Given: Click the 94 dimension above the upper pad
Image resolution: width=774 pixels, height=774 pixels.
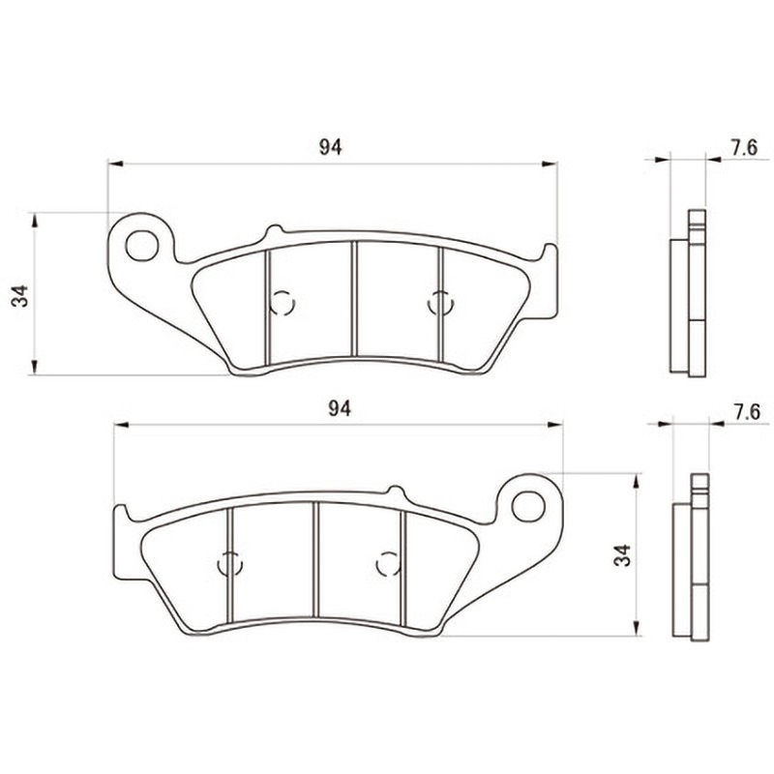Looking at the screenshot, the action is (x=330, y=147).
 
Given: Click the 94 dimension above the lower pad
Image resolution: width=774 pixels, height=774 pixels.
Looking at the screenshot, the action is (x=340, y=408).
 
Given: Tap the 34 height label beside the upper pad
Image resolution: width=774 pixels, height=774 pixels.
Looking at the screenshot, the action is (x=20, y=296).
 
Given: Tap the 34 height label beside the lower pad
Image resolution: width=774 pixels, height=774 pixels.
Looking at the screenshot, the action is (x=622, y=554).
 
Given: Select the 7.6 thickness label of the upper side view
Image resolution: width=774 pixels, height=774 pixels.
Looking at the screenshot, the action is (x=744, y=148).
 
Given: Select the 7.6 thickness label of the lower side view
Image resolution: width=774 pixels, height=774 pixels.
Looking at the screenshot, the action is (x=747, y=412).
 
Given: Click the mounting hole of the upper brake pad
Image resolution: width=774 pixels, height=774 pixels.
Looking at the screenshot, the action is (x=142, y=246).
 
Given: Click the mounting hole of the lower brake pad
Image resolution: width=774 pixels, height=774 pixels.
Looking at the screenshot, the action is (x=528, y=507).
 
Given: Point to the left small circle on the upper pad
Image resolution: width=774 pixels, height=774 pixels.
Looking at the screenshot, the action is (x=283, y=303).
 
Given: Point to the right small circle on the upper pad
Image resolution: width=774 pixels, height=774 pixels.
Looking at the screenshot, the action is (x=440, y=303).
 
